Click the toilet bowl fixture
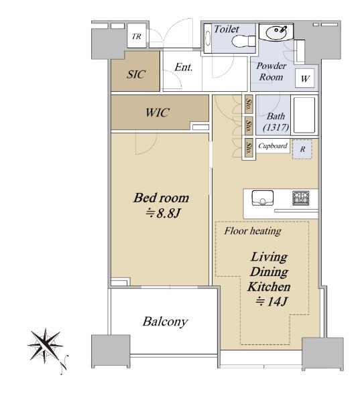243,41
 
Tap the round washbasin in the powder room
276,33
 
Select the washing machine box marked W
305,78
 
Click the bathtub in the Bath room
304,115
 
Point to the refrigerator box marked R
302,149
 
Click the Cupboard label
273,145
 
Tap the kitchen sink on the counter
263,198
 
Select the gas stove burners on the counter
301,198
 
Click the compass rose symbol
46,345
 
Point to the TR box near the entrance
137,36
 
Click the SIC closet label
136,74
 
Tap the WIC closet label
158,113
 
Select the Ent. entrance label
184,67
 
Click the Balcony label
166,322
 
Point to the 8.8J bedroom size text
163,213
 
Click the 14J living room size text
272,301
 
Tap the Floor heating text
253,231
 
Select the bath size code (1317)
276,127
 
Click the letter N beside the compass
64,364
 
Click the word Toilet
227,29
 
